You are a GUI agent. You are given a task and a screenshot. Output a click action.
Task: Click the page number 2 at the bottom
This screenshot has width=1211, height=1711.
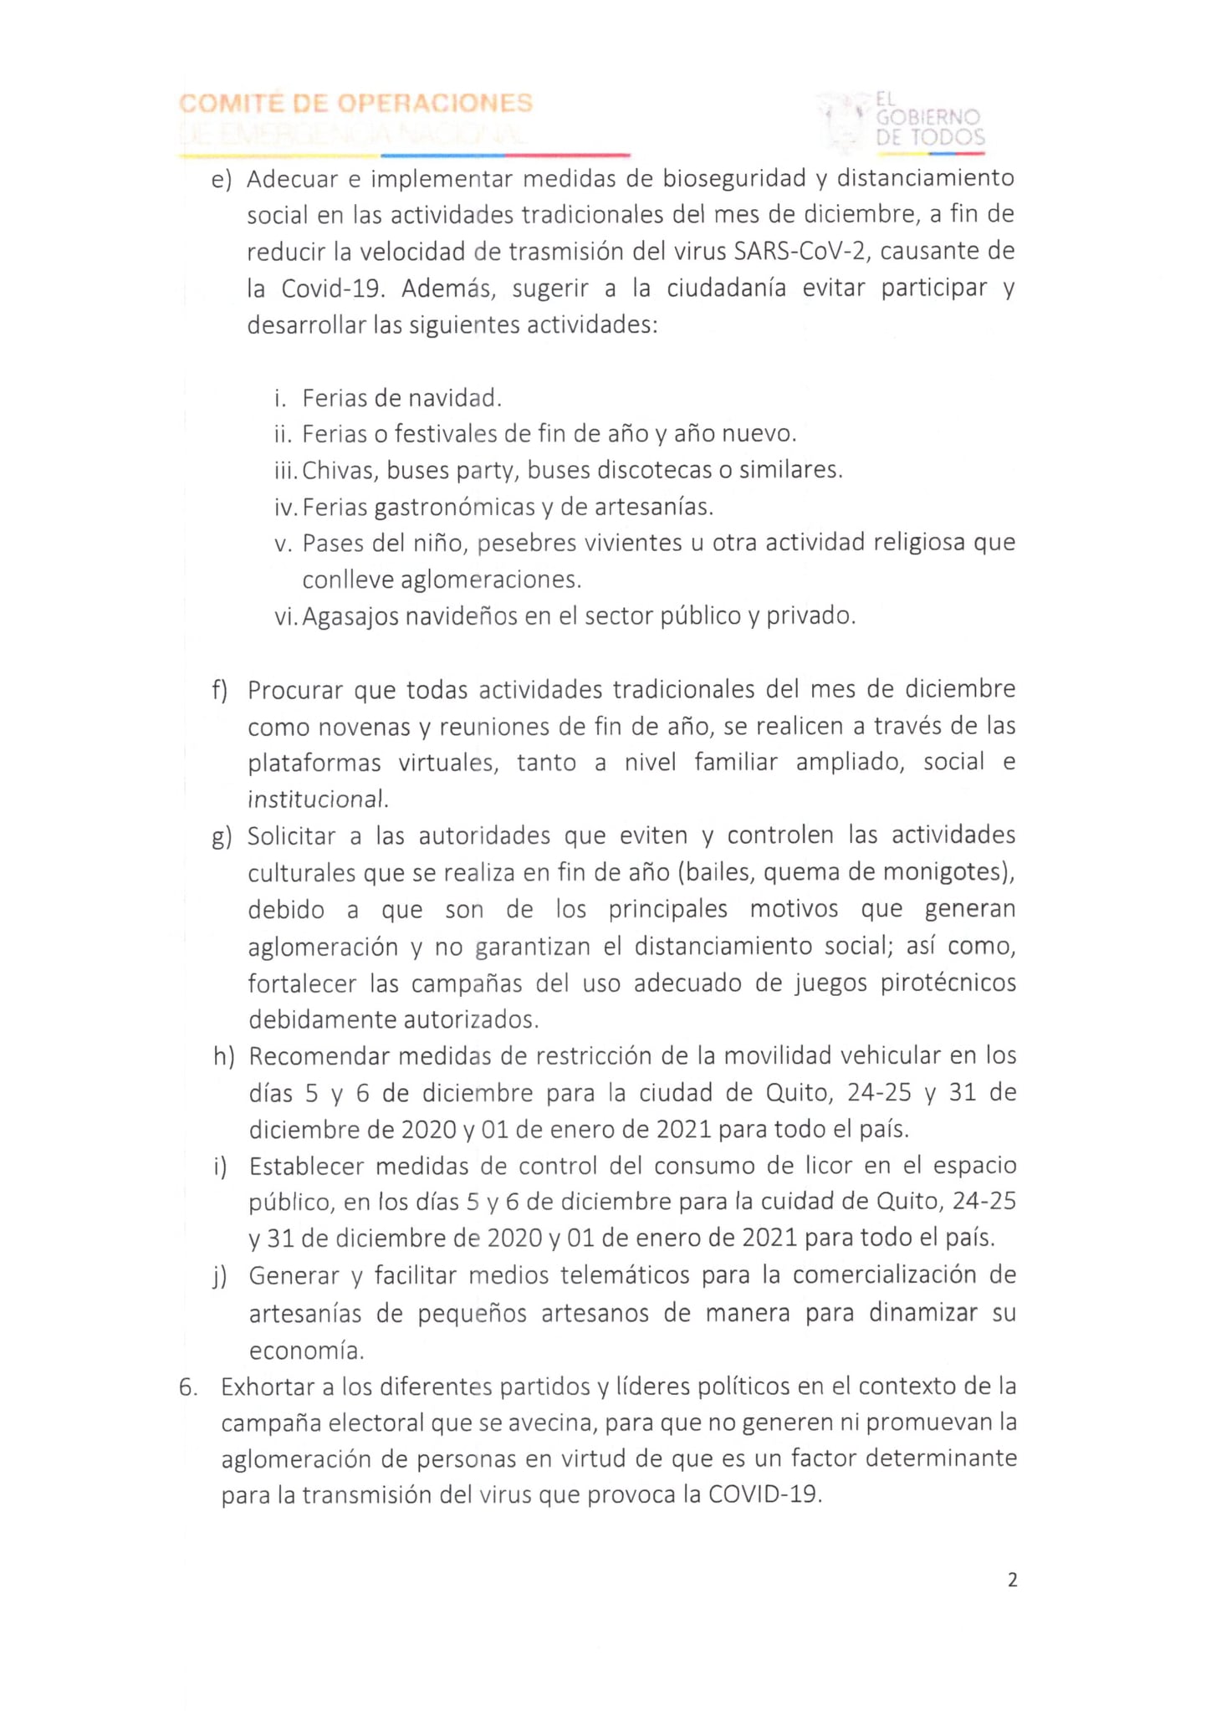1012,1580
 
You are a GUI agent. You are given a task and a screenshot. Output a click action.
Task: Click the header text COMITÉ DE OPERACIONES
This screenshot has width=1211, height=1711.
356,104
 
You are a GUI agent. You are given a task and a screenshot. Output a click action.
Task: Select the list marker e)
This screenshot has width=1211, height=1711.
221,180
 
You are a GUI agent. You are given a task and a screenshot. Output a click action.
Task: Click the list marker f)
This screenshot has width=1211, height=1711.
220,691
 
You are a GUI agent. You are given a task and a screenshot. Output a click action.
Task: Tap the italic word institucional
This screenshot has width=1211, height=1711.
316,799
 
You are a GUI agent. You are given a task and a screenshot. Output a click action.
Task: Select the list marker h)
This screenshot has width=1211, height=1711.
223,1056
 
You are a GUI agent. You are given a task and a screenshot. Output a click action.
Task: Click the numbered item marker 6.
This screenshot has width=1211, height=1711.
188,1387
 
